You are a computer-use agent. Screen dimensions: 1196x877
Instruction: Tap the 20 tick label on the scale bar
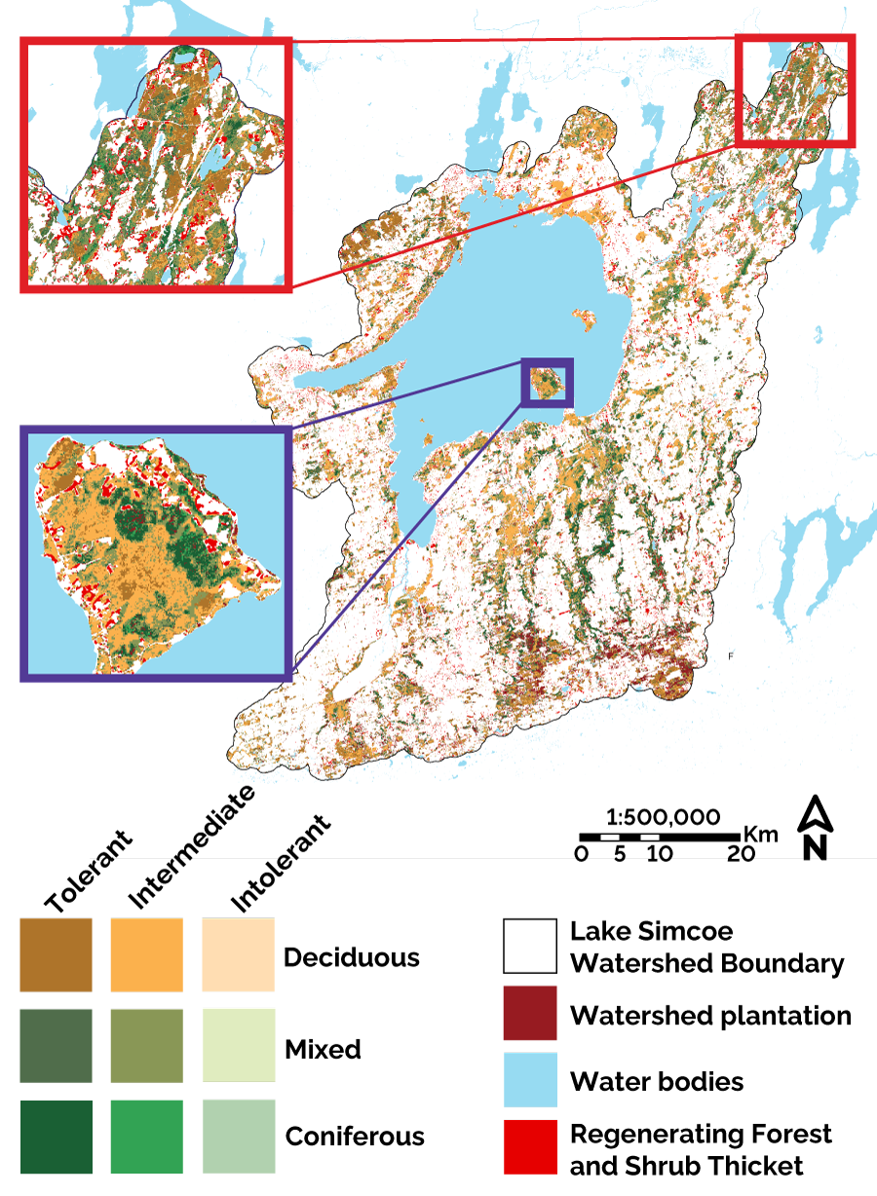741,854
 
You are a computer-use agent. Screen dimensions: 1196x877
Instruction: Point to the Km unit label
760,834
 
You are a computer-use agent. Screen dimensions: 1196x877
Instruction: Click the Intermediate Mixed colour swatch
146,1046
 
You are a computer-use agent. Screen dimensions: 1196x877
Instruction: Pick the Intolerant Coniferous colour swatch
238,1136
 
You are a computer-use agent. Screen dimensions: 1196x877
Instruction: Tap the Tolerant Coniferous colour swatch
56,1136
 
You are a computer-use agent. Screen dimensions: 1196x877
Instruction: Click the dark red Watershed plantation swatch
530,1013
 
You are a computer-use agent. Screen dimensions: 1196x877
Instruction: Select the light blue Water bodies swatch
530,1079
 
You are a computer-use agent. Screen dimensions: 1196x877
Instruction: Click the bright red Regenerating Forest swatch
530,1146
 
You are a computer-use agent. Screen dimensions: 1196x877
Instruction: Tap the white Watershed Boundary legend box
530,946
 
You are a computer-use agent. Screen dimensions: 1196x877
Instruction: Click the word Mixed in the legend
323,1049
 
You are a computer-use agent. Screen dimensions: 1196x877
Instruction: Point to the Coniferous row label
355,1137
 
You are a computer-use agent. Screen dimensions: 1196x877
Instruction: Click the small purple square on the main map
548,383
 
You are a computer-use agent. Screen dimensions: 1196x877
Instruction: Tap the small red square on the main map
794,91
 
